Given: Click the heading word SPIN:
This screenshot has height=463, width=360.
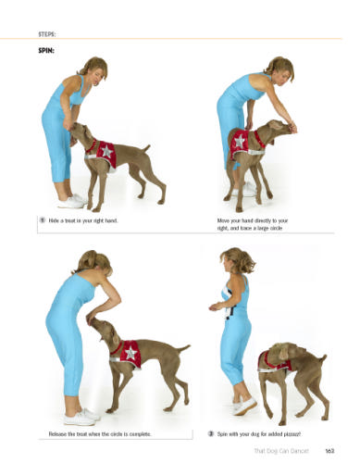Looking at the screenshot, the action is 46,51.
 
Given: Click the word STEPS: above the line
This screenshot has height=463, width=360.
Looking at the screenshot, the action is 47,34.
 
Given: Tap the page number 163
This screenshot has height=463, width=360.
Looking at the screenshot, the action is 329,451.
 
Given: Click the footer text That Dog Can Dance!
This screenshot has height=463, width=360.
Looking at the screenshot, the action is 281,451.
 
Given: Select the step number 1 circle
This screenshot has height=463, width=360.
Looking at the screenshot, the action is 43,220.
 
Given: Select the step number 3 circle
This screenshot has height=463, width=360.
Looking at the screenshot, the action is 211,433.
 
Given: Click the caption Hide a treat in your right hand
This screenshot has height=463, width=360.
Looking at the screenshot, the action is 83,220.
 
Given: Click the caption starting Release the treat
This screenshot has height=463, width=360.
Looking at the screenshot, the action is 100,434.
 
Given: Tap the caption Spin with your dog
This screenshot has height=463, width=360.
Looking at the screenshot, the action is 258,434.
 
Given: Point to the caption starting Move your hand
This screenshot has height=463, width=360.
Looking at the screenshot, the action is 253,224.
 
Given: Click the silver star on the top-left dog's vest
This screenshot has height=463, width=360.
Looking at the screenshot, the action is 106,151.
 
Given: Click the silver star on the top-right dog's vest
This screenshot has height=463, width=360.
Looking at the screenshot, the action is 240,141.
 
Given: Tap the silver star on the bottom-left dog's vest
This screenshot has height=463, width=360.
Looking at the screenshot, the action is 130,352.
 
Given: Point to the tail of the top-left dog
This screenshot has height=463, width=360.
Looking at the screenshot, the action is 145,148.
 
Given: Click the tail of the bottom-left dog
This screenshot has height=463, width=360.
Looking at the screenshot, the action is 183,349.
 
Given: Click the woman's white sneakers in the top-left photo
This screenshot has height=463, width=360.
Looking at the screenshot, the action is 72,201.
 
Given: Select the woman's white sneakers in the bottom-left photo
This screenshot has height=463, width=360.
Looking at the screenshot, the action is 81,417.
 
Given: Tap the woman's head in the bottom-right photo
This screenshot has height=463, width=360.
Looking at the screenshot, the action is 238,260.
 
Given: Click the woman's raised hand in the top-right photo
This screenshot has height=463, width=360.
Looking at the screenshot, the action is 292,128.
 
